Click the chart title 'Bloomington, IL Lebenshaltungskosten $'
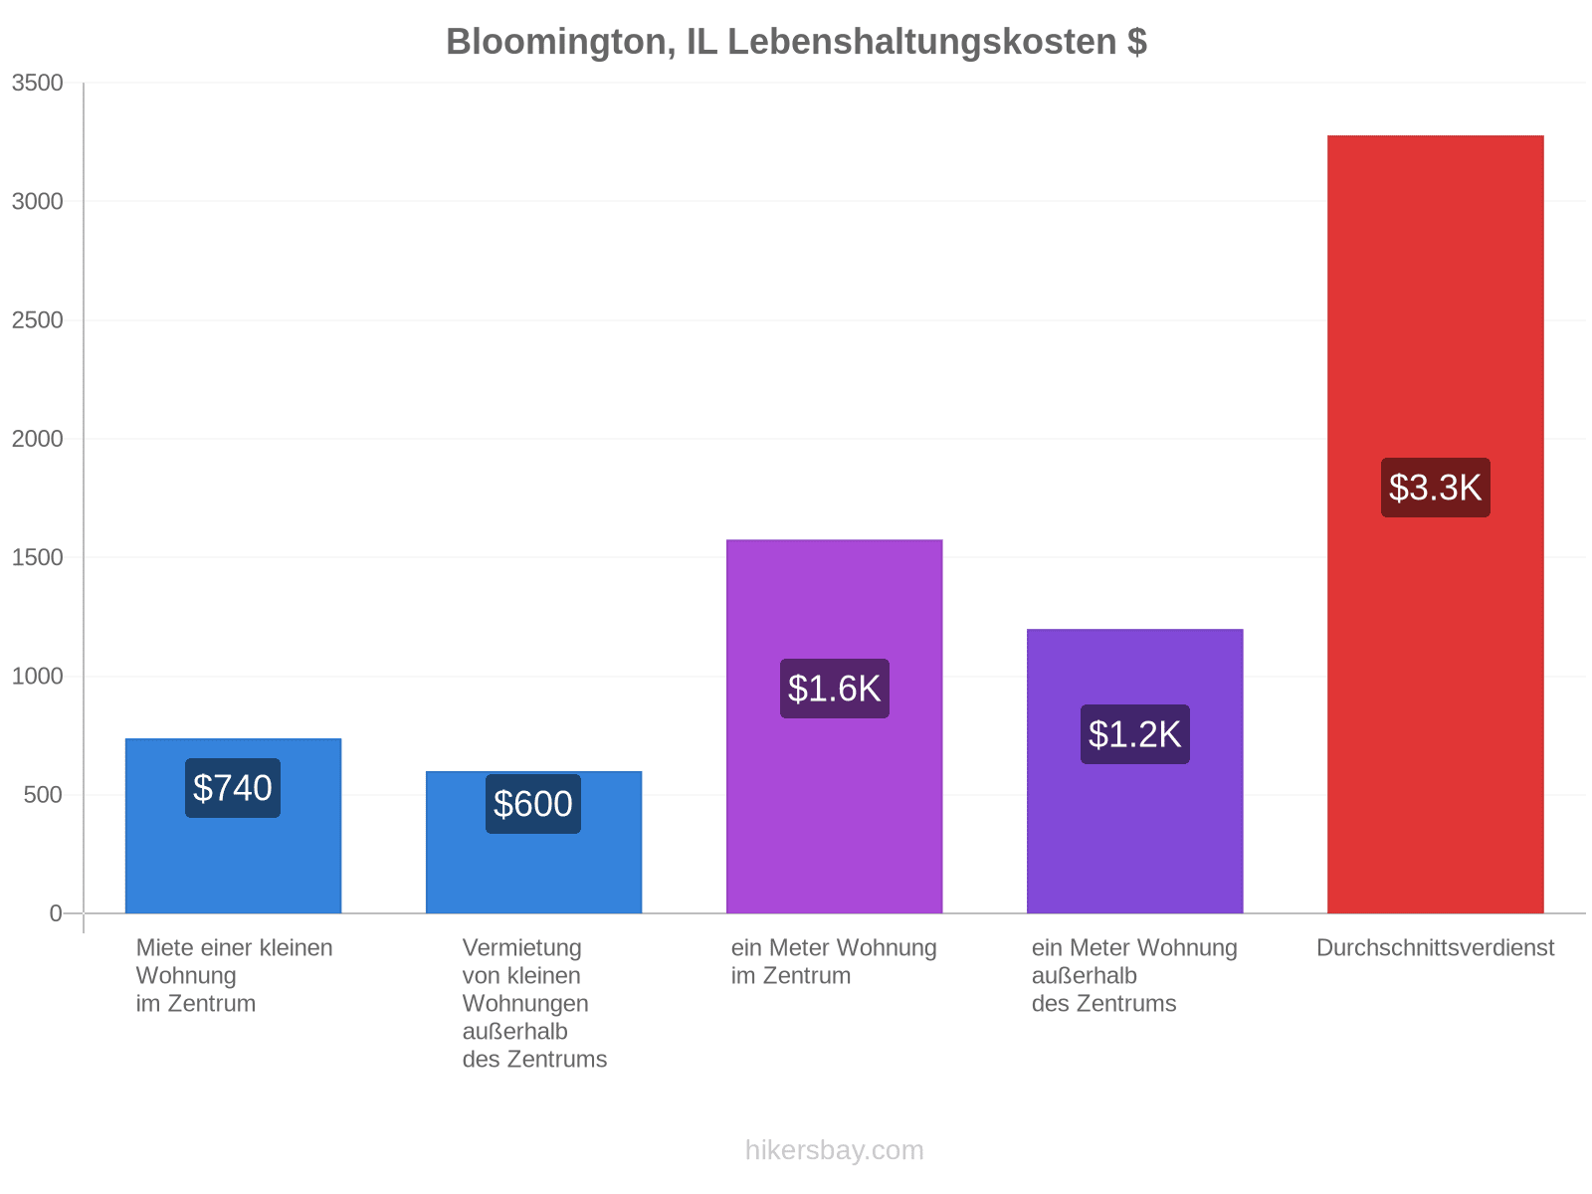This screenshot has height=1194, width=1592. click(796, 42)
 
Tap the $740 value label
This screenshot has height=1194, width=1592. click(232, 788)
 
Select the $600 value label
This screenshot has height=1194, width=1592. click(533, 804)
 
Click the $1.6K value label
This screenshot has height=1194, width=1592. click(834, 689)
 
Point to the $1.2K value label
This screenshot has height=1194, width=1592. click(1135, 734)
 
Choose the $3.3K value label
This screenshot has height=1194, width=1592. click(1436, 488)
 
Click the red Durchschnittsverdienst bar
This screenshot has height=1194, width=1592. click(1436, 524)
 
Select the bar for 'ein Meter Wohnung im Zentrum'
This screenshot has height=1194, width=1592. click(834, 726)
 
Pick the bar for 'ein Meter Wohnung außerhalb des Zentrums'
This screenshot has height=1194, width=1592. click(1135, 771)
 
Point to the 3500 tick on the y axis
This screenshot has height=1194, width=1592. click(37, 83)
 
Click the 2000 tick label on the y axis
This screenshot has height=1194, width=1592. click(37, 439)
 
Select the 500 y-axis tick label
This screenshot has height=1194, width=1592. click(43, 795)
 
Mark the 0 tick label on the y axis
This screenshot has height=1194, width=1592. click(56, 913)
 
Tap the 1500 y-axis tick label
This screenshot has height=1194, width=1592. click(37, 557)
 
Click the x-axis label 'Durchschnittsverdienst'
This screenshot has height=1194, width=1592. click(1436, 947)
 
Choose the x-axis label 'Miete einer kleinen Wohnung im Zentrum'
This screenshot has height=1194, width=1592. click(234, 976)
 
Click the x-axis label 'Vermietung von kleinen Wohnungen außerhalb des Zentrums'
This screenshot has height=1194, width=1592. click(534, 1003)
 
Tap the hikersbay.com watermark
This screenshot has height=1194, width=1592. click(834, 1150)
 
